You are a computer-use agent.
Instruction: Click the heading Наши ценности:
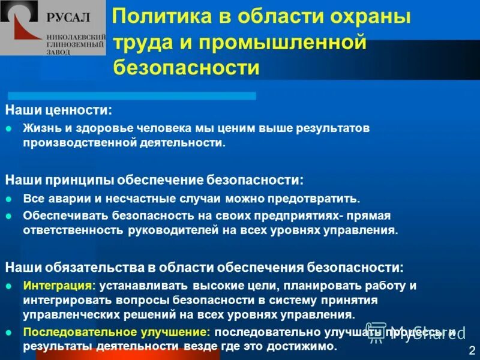point(58,110)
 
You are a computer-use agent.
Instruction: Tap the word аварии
point(64,198)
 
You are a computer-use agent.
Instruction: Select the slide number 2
point(472,350)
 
